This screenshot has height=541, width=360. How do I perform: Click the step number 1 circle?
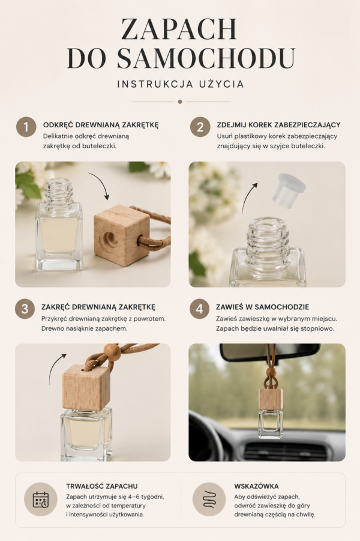tap(26, 127)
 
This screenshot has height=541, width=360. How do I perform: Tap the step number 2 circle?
tap(200, 127)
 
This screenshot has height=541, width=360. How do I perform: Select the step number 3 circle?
tap(25, 309)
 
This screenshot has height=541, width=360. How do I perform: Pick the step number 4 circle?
tap(199, 309)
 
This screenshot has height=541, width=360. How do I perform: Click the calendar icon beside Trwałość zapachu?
tap(41, 499)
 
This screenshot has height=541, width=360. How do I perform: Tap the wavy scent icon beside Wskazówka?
tap(209, 499)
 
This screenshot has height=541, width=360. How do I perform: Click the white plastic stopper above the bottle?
tap(289, 188)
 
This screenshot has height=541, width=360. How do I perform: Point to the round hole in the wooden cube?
tap(111, 237)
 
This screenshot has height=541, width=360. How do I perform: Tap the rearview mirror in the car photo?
tap(269, 352)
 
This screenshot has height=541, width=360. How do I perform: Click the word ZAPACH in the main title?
tap(179, 29)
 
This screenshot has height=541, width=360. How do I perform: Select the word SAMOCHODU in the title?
tap(206, 58)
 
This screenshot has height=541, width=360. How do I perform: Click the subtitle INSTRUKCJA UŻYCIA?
tap(181, 84)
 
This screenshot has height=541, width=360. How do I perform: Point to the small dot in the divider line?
tap(180, 102)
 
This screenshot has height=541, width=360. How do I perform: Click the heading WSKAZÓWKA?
tap(256, 486)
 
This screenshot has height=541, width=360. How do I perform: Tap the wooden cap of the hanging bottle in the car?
tap(271, 399)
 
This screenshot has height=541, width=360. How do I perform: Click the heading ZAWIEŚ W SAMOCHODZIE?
tap(262, 307)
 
